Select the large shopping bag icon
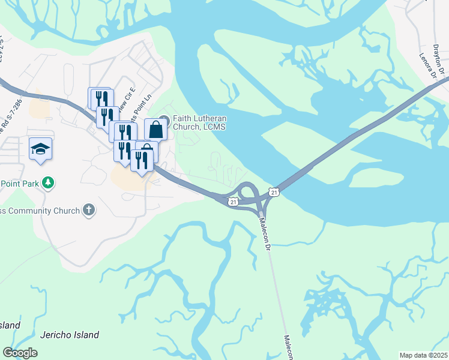(155, 128)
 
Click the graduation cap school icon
(40, 148)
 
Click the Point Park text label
(20, 183)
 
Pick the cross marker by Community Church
(89, 210)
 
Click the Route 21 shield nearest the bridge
(274, 192)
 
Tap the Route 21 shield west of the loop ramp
(233, 202)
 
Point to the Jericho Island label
(70, 335)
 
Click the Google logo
(20, 353)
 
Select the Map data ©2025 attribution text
(423, 355)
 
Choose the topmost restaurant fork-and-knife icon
(100, 97)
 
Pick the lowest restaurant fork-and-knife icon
(142, 160)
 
